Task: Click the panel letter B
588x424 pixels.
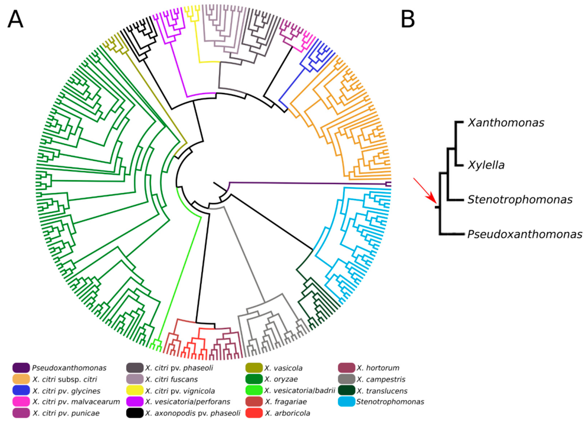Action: (408, 20)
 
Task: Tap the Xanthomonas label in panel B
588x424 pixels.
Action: (506, 123)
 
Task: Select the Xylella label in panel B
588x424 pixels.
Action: (486, 165)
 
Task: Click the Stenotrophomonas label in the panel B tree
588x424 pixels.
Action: (520, 200)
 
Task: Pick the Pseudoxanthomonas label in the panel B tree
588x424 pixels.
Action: (525, 234)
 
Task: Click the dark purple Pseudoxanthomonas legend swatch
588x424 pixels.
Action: (21, 368)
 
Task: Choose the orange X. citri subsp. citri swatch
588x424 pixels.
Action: (21, 379)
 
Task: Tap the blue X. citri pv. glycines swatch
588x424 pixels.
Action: (21, 391)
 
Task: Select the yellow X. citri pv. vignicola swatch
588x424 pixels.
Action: (134, 391)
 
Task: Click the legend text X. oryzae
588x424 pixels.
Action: (281, 379)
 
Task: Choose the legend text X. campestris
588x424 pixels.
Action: (381, 379)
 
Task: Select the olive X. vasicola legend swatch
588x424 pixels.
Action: (254, 368)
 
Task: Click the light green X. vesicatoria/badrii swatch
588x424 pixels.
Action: (254, 391)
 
